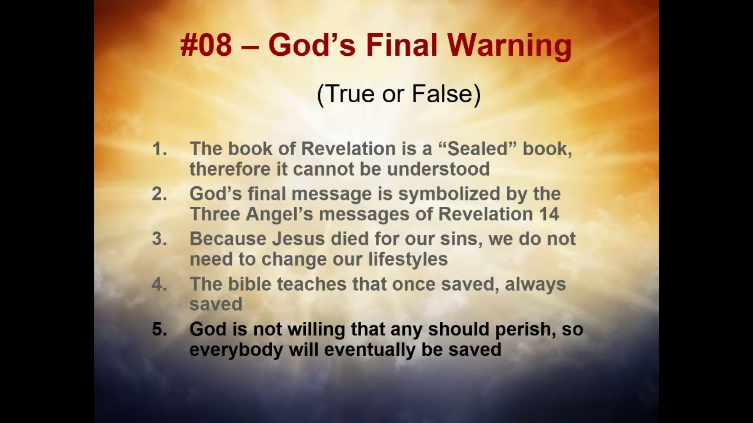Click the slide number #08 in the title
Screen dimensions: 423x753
pos(206,46)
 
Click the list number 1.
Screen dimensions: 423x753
pos(159,149)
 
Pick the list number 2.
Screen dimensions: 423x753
pos(159,194)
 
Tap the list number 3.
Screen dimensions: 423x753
pos(159,239)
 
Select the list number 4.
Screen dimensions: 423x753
pos(159,284)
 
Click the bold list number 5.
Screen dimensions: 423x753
pos(159,330)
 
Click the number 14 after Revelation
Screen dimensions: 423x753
pos(548,214)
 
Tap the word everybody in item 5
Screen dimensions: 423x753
pos(236,350)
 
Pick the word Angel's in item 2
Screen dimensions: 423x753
pos(282,214)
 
